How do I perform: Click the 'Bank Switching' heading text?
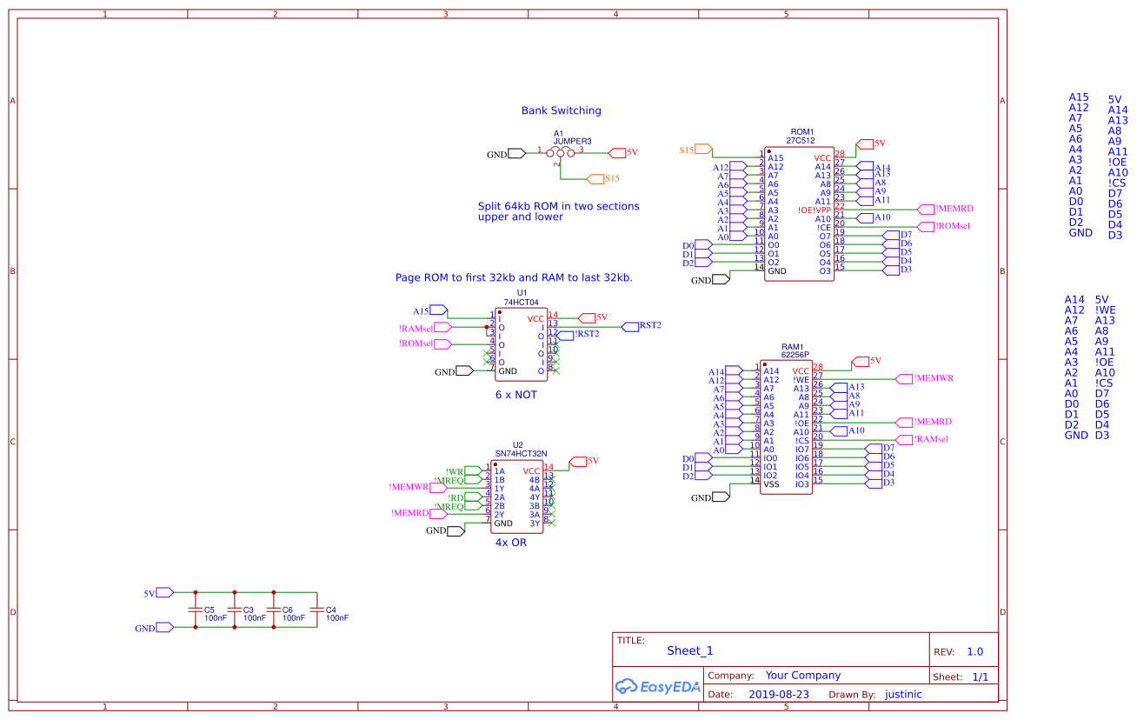(x=561, y=110)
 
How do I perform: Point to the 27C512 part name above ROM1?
(x=801, y=140)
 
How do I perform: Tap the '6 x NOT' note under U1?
(x=516, y=395)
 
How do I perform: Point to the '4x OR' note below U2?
(x=510, y=543)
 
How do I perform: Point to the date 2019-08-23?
(x=778, y=695)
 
